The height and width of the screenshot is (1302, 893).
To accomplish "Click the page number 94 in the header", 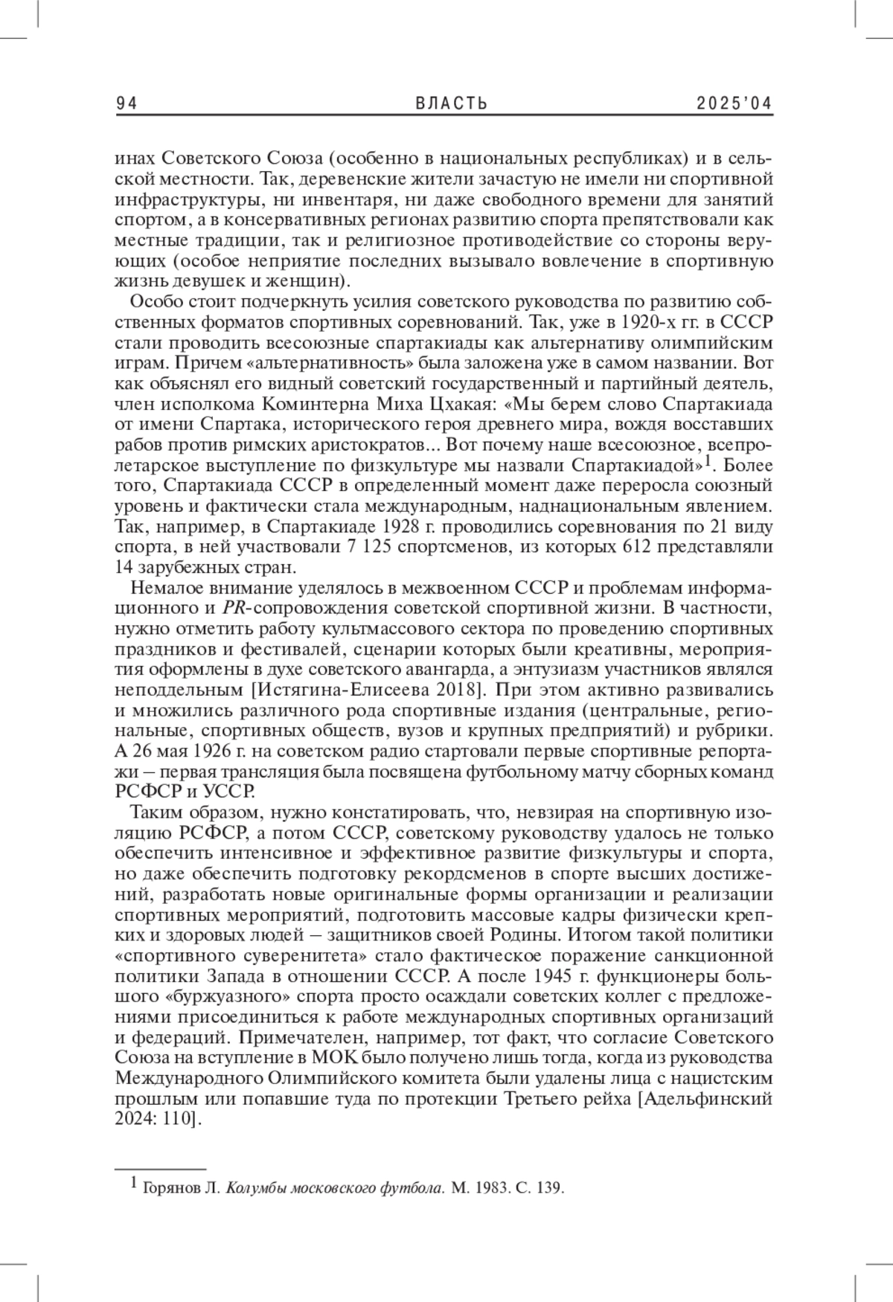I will point(127,104).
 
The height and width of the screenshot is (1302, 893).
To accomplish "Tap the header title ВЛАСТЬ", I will point(452,104).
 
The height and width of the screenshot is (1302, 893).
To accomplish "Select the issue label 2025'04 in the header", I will point(734,104).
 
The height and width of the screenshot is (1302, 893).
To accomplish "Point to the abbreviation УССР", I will point(229,791).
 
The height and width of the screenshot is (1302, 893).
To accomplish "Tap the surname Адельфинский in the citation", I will point(705,1098).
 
